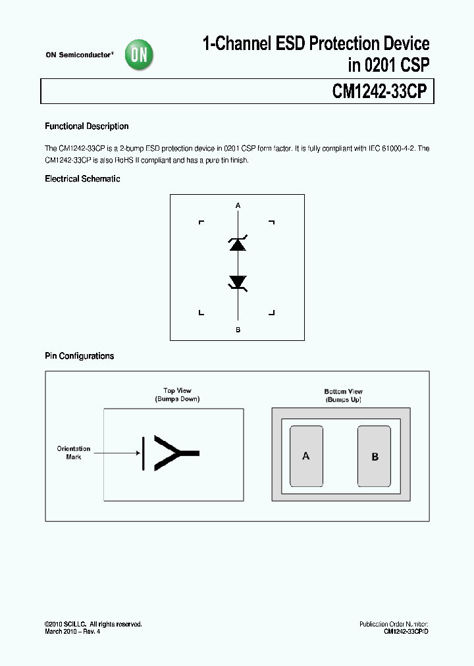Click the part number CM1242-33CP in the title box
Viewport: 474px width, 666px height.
click(x=381, y=91)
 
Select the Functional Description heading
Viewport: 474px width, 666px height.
click(x=86, y=126)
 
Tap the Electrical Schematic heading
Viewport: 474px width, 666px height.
click(x=82, y=179)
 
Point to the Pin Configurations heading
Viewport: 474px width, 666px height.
click(x=79, y=356)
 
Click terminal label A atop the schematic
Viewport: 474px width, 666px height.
click(x=238, y=206)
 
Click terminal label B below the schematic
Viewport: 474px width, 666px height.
click(x=238, y=330)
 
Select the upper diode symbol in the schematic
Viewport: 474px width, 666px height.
click(x=238, y=243)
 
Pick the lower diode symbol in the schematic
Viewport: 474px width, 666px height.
click(x=238, y=282)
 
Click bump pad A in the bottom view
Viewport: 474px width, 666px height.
click(x=306, y=455)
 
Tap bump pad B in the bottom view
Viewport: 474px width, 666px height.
click(x=375, y=456)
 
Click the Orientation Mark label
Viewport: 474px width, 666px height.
click(x=73, y=453)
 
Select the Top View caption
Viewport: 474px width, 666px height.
click(x=177, y=391)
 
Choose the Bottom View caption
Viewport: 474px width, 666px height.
click(x=343, y=392)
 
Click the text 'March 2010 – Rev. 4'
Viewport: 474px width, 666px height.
click(x=72, y=632)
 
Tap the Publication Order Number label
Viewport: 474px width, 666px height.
click(x=394, y=624)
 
